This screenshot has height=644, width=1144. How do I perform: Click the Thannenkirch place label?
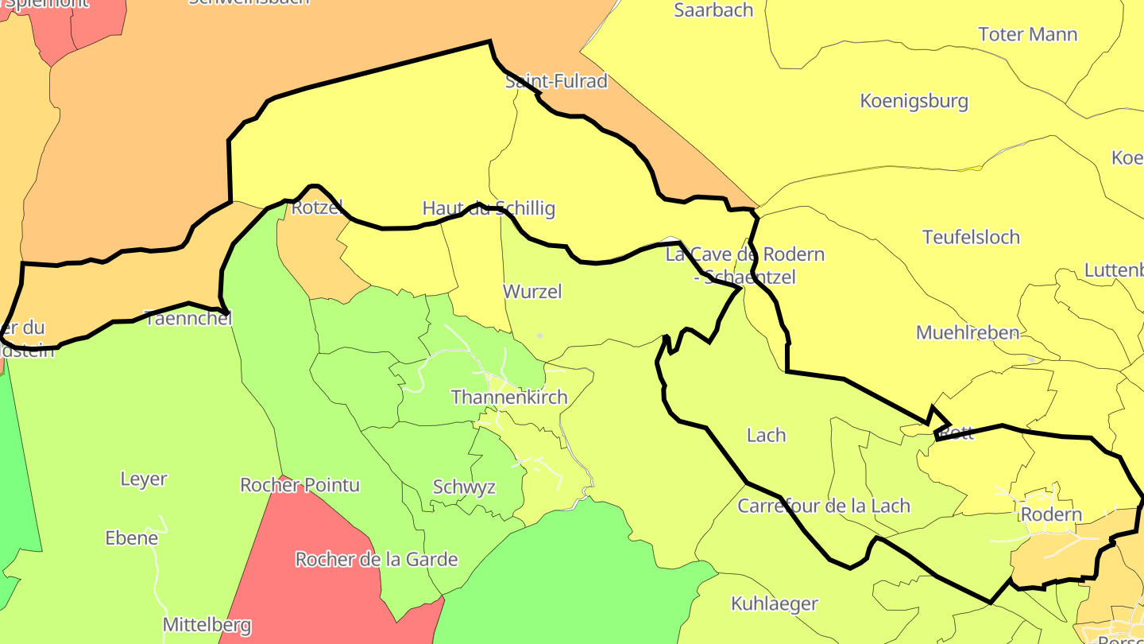(509, 397)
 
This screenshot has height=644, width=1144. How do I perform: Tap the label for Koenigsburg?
(914, 101)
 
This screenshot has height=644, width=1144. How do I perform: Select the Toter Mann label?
(1027, 34)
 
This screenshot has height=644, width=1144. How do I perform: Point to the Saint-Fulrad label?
(556, 81)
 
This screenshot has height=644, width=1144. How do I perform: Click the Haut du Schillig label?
(488, 208)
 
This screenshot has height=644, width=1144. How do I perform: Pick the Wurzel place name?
(532, 292)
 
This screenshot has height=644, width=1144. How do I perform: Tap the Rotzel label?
(317, 208)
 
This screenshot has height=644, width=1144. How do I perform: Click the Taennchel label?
(188, 318)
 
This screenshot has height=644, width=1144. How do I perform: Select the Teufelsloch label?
(971, 237)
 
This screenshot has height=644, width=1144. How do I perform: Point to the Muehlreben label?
(967, 332)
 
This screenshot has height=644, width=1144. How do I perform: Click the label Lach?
(766, 435)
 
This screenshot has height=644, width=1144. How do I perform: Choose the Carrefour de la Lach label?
(823, 506)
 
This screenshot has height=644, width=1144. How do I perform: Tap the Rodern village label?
(1051, 514)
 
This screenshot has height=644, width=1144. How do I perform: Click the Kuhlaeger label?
(774, 603)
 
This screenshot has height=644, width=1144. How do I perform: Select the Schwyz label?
(464, 487)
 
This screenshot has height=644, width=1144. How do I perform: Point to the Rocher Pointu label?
(300, 485)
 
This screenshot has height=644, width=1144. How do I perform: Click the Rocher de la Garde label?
(377, 560)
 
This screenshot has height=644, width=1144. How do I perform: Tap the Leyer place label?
(144, 479)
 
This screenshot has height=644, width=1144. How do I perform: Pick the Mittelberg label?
(207, 625)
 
